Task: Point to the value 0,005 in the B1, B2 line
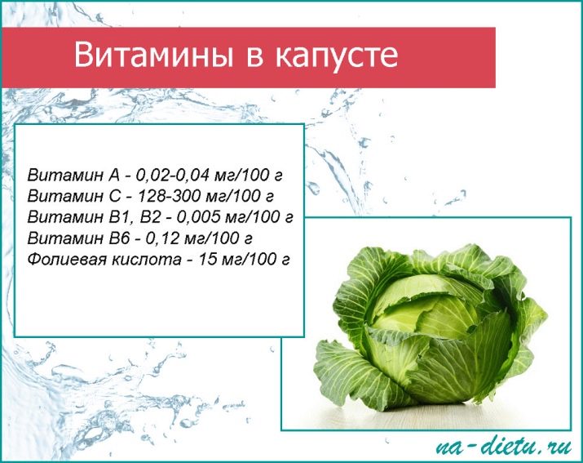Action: [198, 217]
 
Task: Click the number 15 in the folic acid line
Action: [207, 259]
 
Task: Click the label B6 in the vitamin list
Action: [118, 238]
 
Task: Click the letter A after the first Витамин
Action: [114, 176]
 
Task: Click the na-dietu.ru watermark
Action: [503, 446]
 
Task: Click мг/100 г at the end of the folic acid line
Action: [255, 259]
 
